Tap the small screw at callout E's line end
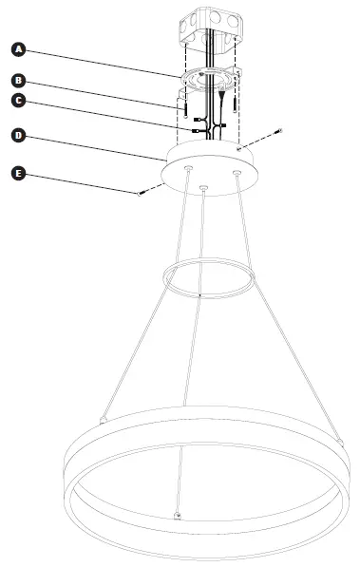tap(141, 193)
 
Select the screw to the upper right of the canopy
tap(278, 132)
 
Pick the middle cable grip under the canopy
tap(203, 188)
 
